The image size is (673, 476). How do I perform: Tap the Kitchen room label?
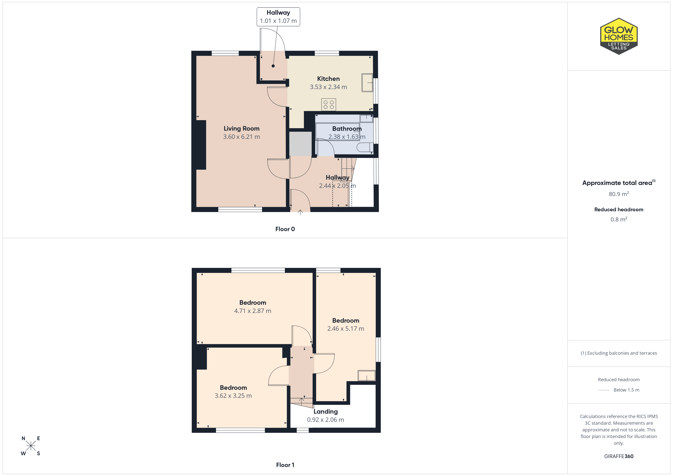(328, 79)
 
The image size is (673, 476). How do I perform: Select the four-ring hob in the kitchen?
(329, 105)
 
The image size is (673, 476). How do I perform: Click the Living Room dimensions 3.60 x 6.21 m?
(242, 137)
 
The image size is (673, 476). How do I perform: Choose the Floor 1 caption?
(285, 465)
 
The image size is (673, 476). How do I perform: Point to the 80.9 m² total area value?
(619, 194)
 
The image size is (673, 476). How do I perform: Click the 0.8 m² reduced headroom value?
(619, 219)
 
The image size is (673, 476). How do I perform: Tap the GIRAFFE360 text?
(619, 456)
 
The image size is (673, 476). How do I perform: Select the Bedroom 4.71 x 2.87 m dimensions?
(253, 311)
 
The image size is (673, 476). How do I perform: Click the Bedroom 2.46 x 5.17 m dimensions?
(346, 329)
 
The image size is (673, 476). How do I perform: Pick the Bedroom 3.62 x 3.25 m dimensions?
(233, 396)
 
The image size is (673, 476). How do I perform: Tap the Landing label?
(325, 412)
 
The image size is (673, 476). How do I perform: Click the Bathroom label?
(347, 129)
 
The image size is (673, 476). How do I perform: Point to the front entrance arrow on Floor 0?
(300, 212)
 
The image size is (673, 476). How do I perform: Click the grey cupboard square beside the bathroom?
(300, 144)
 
